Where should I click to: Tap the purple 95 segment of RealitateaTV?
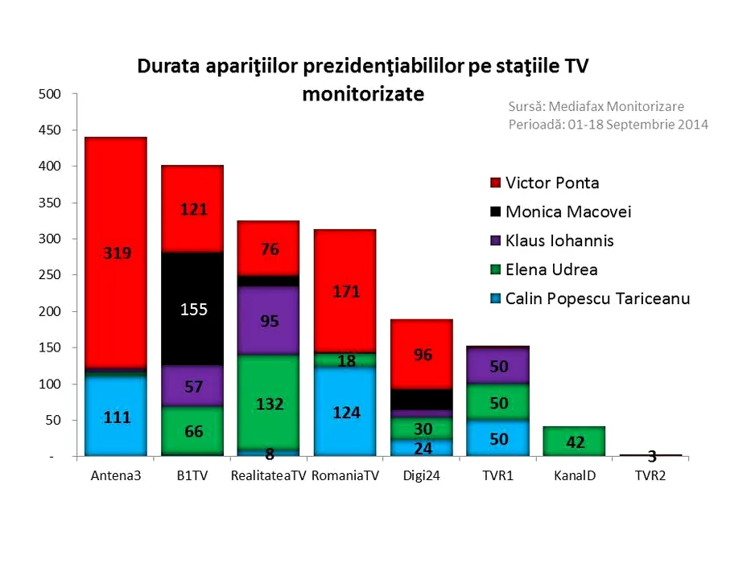click(x=270, y=320)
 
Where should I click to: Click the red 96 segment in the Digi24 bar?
click(x=422, y=354)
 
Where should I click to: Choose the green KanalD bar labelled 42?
click(x=574, y=441)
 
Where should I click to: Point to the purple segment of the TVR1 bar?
click(x=498, y=365)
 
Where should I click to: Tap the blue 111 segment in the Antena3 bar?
click(x=116, y=416)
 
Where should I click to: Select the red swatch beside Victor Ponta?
click(x=494, y=183)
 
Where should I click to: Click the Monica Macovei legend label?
click(x=567, y=212)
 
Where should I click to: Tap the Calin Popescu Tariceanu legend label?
click(x=597, y=298)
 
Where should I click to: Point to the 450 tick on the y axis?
click(x=51, y=130)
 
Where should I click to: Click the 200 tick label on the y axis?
click(x=51, y=311)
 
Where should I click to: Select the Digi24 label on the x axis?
click(x=422, y=475)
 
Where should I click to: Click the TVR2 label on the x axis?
click(x=650, y=475)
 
